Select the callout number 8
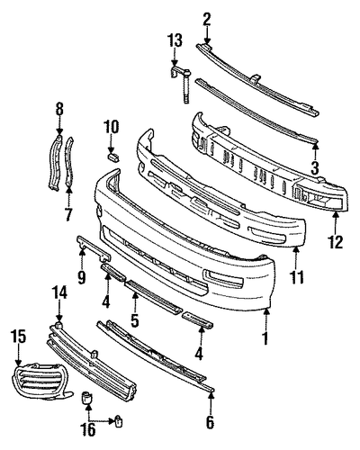coord(59,109)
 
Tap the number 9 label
coord(82,278)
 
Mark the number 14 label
coord(59,292)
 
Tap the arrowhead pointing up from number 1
coord(267,310)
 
